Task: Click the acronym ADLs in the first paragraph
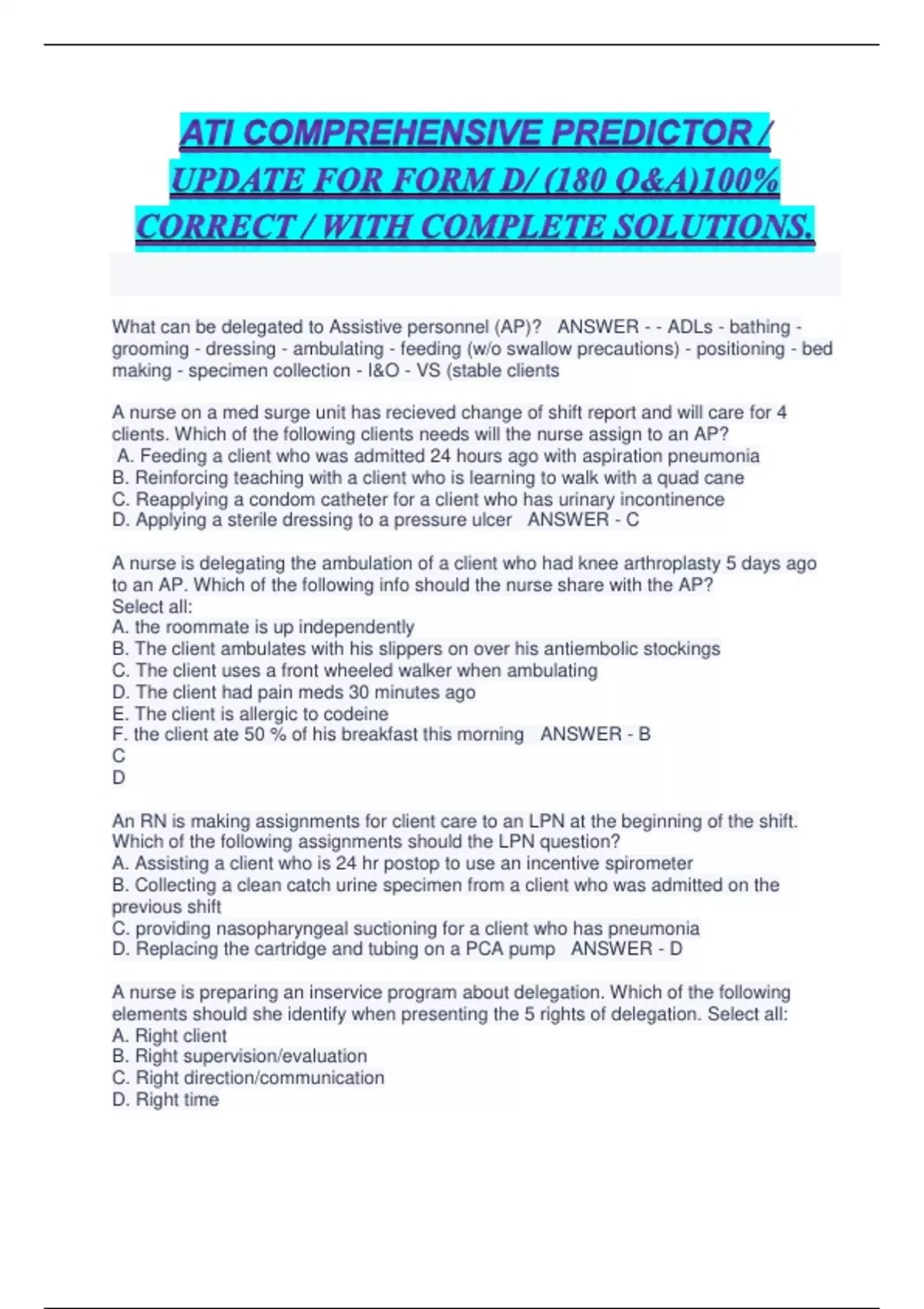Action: pos(690,327)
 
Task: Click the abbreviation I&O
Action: pos(382,370)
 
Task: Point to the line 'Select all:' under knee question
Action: pos(152,606)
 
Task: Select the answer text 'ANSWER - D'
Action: pos(626,949)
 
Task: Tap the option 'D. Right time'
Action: pos(166,1100)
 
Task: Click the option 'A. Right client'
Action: pos(169,1036)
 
